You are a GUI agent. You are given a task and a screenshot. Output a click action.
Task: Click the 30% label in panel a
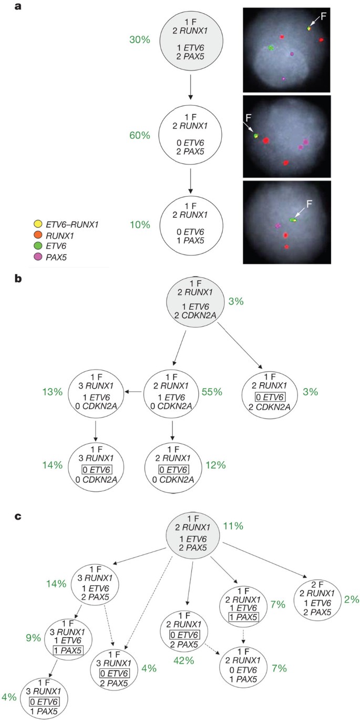pyautogui.click(x=139, y=39)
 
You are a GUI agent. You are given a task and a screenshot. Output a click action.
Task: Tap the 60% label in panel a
pyautogui.click(x=139, y=135)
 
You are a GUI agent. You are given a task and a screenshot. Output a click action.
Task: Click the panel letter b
pyautogui.click(x=18, y=279)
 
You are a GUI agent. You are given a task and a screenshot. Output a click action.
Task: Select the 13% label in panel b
pyautogui.click(x=53, y=391)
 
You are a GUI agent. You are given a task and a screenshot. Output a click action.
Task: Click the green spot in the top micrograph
pyautogui.click(x=271, y=48)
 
